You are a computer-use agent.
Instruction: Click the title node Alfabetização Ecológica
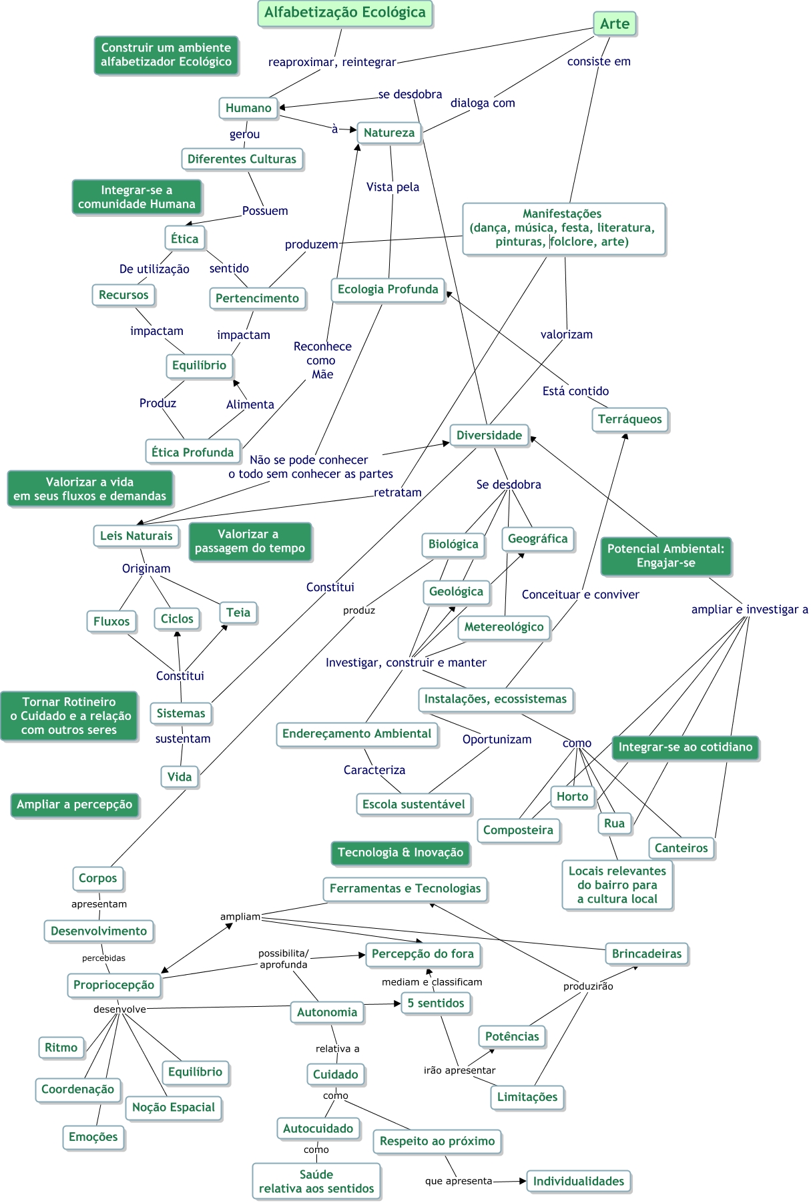[345, 13]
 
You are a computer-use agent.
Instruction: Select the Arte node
[615, 24]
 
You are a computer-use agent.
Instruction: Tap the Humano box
[248, 108]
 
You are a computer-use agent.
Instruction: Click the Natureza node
[389, 133]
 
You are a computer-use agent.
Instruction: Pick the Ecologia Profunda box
[388, 290]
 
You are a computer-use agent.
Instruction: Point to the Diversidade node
[489, 436]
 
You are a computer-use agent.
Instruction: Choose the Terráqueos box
[630, 420]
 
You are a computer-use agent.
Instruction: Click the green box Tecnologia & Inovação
[400, 853]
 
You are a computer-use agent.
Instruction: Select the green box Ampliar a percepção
[75, 805]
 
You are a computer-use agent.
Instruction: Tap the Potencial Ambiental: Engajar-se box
[665, 556]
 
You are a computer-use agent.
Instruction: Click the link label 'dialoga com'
[483, 103]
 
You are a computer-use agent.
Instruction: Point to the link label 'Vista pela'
[392, 187]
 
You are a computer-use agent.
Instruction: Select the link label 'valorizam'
[567, 335]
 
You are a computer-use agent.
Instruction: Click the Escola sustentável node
[414, 805]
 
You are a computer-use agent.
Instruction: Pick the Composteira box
[518, 831]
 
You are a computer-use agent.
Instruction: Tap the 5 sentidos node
[436, 1004]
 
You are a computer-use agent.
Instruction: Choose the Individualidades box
[579, 1182]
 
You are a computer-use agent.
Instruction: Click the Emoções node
[93, 1137]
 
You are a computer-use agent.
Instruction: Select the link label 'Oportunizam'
[497, 740]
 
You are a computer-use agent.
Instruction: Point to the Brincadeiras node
[647, 954]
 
